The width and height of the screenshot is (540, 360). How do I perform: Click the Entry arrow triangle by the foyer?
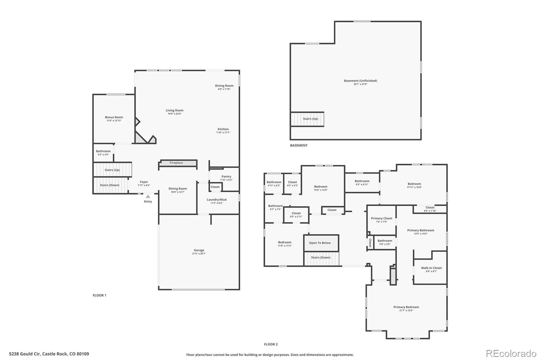click(148, 196)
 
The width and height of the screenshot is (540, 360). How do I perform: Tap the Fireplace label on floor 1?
click(176, 163)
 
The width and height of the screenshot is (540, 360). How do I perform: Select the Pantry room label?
click(226, 177)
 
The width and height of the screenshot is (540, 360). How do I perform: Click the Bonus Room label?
click(114, 117)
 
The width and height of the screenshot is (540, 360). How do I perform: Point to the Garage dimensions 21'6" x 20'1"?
click(199, 254)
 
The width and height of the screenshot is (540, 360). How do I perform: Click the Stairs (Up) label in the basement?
click(310, 119)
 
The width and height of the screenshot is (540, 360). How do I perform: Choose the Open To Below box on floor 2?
click(320, 243)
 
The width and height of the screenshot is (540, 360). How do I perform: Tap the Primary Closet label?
click(381, 218)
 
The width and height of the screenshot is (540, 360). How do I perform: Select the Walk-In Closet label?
click(431, 268)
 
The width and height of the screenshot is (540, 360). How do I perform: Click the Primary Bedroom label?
click(406, 307)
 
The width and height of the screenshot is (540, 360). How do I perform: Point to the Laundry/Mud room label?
click(216, 200)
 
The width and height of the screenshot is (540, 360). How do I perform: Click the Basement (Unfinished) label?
click(360, 81)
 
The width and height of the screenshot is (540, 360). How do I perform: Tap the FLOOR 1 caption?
click(100, 295)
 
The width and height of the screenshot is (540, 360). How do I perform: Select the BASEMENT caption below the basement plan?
click(299, 146)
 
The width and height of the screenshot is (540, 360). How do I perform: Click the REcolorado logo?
click(511, 354)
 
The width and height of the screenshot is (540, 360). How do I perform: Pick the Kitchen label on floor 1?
click(223, 129)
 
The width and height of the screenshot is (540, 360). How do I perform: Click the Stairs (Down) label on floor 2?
click(321, 257)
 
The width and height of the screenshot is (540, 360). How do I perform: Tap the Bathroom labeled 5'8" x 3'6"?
click(385, 241)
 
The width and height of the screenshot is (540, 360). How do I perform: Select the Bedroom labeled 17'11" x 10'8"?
click(414, 184)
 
